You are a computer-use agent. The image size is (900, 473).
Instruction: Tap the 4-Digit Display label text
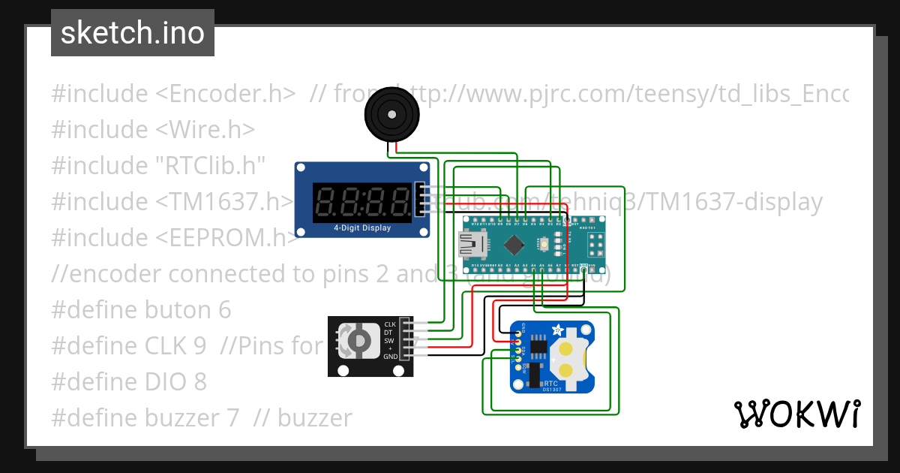(362, 227)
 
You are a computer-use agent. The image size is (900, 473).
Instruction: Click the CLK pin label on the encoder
(390, 324)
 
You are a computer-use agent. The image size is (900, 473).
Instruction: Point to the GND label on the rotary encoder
(391, 357)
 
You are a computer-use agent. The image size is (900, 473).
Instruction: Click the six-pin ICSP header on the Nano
(598, 244)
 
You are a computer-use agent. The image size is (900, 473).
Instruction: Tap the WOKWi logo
(796, 414)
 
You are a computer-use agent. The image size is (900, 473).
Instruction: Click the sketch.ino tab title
(132, 33)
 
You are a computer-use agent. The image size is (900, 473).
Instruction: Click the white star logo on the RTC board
(557, 330)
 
